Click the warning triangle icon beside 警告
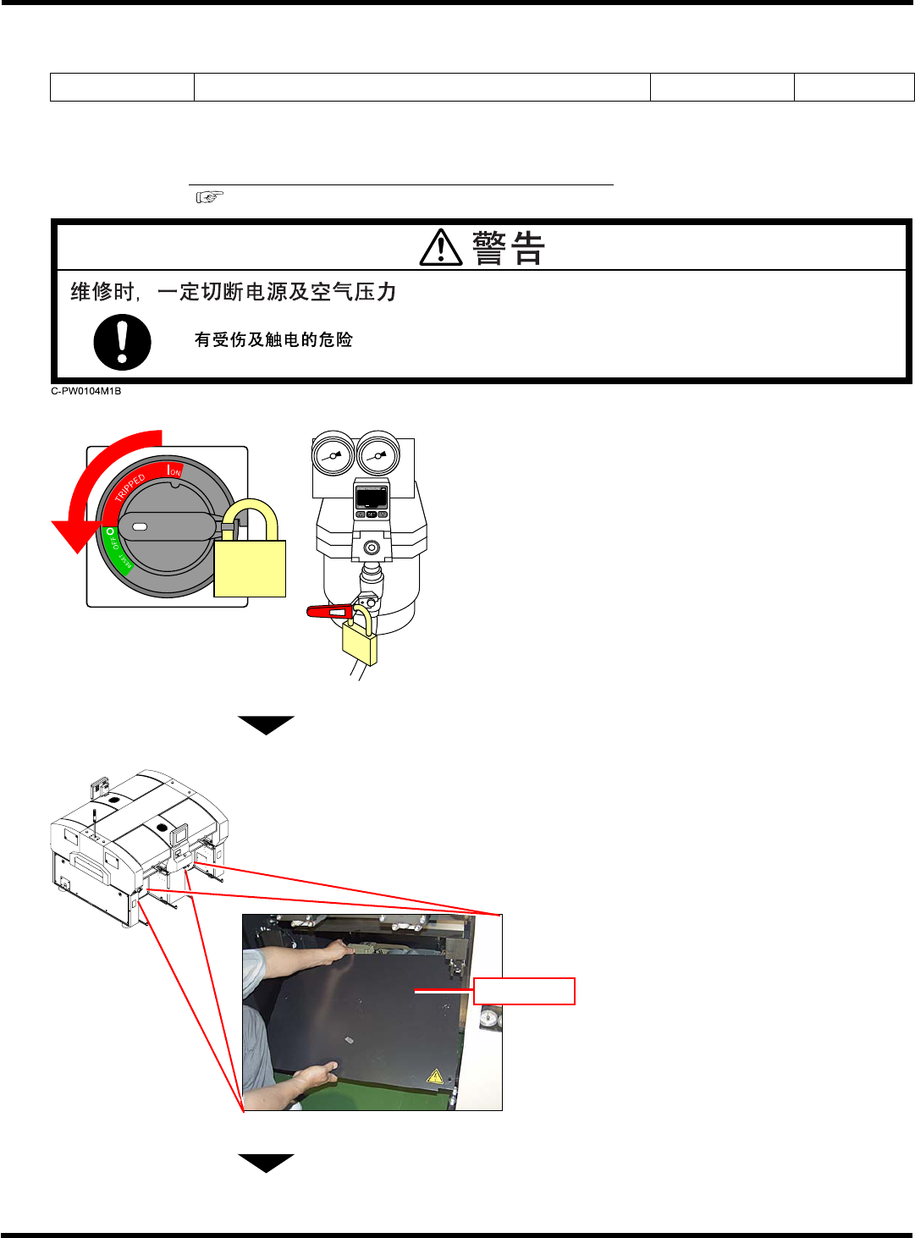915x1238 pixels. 441,249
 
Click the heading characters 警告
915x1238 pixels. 508,249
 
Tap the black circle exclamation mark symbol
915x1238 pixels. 122,343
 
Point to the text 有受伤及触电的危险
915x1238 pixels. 273,340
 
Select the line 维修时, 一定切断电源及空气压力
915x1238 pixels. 233,293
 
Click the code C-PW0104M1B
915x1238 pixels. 86,391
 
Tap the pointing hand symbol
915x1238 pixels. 209,197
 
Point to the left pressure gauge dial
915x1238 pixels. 333,456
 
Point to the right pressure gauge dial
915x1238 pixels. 378,456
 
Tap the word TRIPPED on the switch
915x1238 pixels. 131,487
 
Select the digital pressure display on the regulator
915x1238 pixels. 371,498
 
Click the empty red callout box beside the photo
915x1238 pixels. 524,991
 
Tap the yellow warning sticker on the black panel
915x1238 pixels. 435,1076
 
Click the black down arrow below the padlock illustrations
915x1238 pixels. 266,724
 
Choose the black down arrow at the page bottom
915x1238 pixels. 266,1163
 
